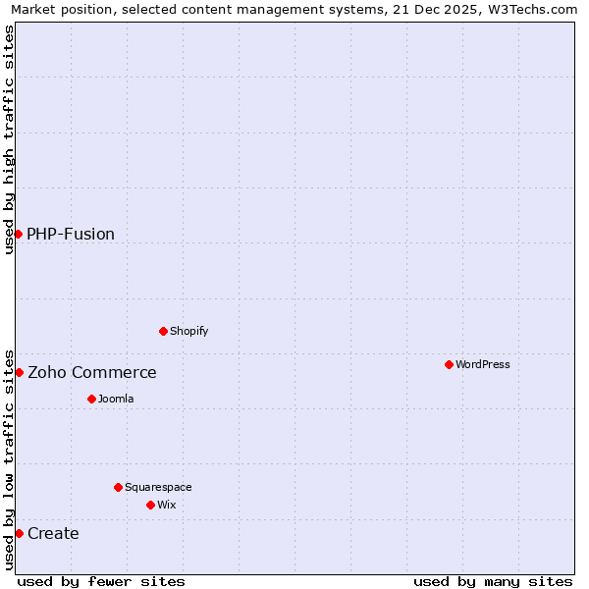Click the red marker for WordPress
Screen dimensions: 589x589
pyautogui.click(x=449, y=364)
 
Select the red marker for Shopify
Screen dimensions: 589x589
pyautogui.click(x=163, y=331)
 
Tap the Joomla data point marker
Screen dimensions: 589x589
pyautogui.click(x=91, y=399)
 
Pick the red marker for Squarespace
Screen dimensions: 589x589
pyautogui.click(x=118, y=487)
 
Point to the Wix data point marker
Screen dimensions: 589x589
pyautogui.click(x=150, y=505)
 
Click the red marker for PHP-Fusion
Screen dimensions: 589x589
pyautogui.click(x=18, y=234)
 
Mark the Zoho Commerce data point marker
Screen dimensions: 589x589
pyautogui.click(x=19, y=372)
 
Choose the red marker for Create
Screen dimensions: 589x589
pyautogui.click(x=19, y=533)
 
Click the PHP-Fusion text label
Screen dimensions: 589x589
pyautogui.click(x=71, y=234)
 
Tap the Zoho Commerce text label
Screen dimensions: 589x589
pyautogui.click(x=92, y=372)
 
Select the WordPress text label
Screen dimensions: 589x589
pyautogui.click(x=483, y=364)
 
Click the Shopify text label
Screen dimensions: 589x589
pyautogui.click(x=189, y=331)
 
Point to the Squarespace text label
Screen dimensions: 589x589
pyautogui.click(x=158, y=487)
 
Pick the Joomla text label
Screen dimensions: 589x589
pyautogui.click(x=116, y=399)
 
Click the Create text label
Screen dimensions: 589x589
pyautogui.click(x=53, y=533)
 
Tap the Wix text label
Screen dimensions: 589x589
pyautogui.click(x=167, y=505)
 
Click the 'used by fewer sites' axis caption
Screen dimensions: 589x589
pyautogui.click(x=101, y=581)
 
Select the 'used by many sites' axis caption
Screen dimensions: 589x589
pyautogui.click(x=493, y=581)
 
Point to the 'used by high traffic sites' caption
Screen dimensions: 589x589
pyautogui.click(x=9, y=139)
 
